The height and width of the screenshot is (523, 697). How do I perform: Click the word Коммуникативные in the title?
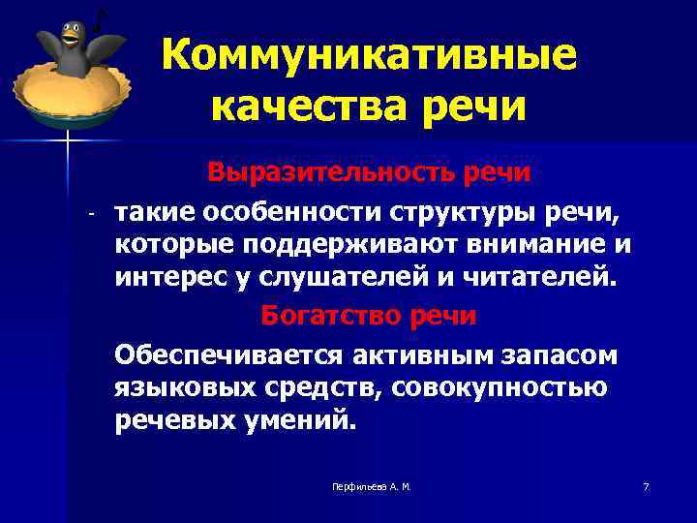369,55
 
